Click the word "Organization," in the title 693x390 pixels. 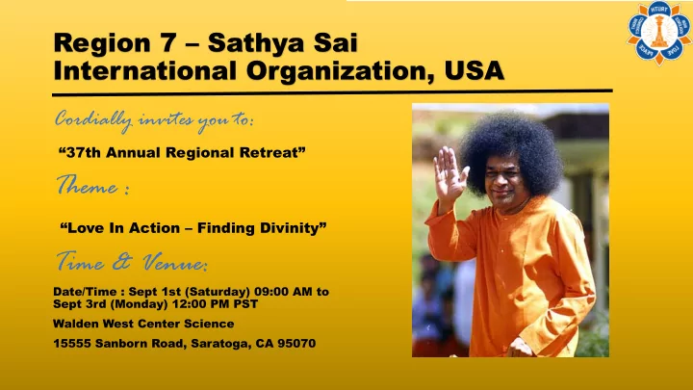(341, 71)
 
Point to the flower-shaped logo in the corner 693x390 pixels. (659, 33)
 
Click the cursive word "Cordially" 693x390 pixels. (93, 120)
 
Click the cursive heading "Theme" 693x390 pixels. (88, 185)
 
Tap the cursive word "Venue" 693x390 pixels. (174, 262)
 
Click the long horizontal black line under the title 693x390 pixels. (332, 92)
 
